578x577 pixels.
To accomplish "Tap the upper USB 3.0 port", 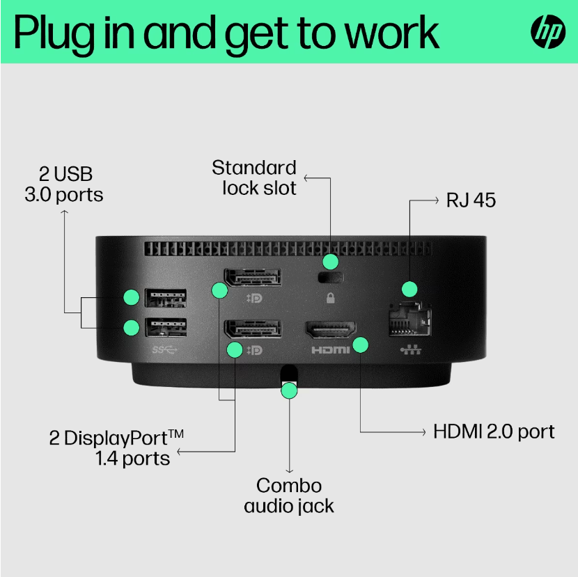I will click(165, 297).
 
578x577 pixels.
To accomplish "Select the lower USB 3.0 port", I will click(165, 326).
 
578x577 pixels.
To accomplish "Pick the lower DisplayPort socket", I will click(251, 330).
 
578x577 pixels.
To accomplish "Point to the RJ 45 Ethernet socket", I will click(409, 320).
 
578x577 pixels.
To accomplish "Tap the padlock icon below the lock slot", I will click(330, 299).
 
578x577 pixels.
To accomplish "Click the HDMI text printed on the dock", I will click(330, 350).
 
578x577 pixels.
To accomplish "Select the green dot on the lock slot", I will click(331, 262).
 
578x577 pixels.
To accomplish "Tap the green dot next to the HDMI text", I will click(361, 345).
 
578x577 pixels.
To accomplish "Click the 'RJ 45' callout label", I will click(471, 200).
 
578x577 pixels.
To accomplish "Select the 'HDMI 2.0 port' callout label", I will click(494, 432).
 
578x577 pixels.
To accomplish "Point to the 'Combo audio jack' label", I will click(289, 496).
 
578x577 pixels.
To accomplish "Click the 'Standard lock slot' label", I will click(254, 177).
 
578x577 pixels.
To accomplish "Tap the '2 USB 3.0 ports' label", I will click(63, 183).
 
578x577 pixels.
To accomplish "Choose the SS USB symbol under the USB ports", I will click(165, 348).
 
